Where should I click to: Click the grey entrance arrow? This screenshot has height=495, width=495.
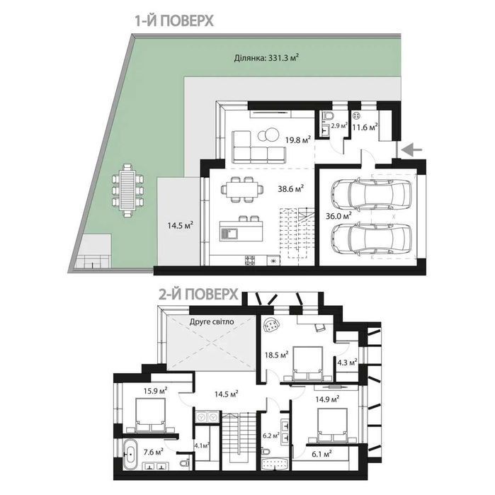point(412,150)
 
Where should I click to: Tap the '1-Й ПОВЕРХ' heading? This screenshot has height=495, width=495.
point(174,21)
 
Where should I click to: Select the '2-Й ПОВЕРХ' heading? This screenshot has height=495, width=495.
point(198,295)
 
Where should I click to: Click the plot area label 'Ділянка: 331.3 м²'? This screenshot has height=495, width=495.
point(267,58)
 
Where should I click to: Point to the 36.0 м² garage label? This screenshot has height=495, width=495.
point(338,216)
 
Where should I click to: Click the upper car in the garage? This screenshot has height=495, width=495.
point(371,193)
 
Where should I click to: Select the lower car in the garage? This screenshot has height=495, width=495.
point(371,239)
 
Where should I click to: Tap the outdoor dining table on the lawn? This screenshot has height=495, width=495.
point(127,190)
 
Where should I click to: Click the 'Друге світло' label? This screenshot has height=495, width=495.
point(212,322)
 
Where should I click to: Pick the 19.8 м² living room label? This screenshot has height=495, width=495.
point(298,140)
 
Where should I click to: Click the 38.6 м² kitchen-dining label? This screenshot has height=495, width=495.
point(291,189)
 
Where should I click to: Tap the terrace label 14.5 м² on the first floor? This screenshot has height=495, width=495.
point(181,225)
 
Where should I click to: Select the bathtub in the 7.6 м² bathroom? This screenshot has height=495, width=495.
point(130,455)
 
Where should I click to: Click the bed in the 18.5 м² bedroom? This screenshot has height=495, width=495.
point(308,365)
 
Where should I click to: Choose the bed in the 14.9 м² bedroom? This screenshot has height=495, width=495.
point(332,426)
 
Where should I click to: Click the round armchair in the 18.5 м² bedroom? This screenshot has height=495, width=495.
point(272,324)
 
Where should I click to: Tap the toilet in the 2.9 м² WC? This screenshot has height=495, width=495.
point(326,116)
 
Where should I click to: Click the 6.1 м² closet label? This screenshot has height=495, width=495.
point(322,454)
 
